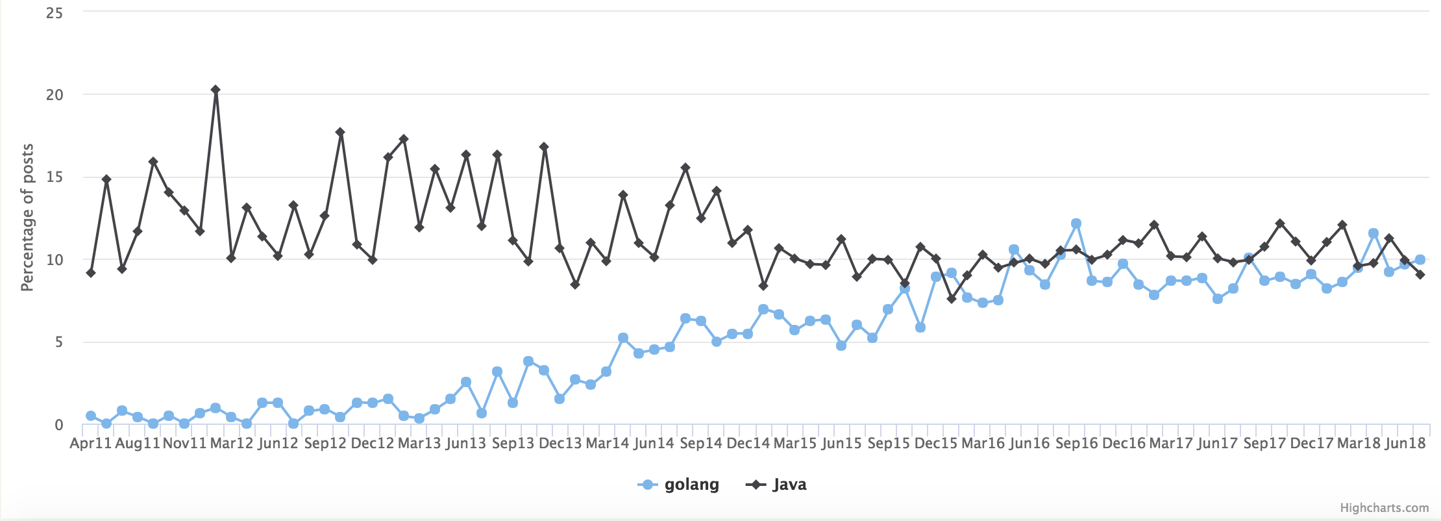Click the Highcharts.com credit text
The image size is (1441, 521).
pyautogui.click(x=1384, y=507)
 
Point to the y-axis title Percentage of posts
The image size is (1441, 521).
pyautogui.click(x=27, y=218)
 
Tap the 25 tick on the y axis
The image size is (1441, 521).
pyautogui.click(x=55, y=13)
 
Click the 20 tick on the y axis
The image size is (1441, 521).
pyautogui.click(x=55, y=95)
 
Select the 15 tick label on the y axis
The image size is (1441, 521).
pyautogui.click(x=55, y=177)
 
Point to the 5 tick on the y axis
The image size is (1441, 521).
pyautogui.click(x=58, y=342)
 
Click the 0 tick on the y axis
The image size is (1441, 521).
pyautogui.click(x=58, y=425)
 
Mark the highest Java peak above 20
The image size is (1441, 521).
pyautogui.click(x=216, y=90)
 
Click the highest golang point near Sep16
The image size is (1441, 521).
pyautogui.click(x=1076, y=223)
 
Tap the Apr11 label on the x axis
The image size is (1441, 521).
pyautogui.click(x=90, y=443)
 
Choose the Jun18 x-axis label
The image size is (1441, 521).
pyautogui.click(x=1405, y=443)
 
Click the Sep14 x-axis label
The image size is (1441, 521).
pyautogui.click(x=700, y=443)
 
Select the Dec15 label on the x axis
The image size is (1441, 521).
pyautogui.click(x=935, y=443)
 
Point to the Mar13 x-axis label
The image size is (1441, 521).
pyautogui.click(x=419, y=443)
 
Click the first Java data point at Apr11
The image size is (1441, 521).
pyautogui.click(x=91, y=273)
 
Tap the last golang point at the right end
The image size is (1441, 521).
pyautogui.click(x=1420, y=260)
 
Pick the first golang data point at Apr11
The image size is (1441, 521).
pyautogui.click(x=91, y=416)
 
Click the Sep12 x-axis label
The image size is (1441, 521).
pyautogui.click(x=325, y=443)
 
